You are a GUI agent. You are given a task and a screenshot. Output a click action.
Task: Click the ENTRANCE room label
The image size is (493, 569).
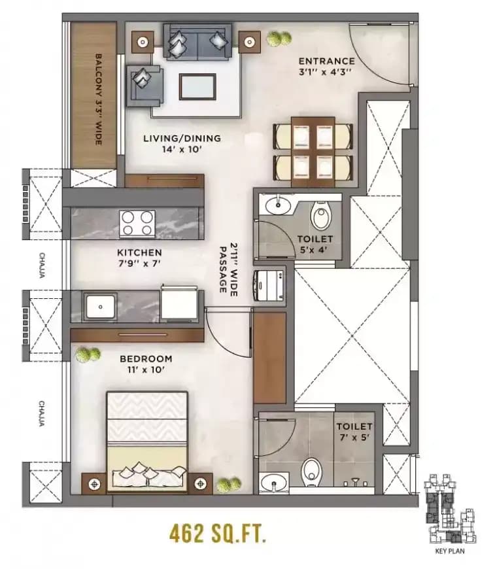[326, 61]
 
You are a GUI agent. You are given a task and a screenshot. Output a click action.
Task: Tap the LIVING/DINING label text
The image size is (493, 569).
[182, 139]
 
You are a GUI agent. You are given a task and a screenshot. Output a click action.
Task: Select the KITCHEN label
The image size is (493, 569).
[139, 252]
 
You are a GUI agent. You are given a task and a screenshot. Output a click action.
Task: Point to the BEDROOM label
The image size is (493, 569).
[146, 358]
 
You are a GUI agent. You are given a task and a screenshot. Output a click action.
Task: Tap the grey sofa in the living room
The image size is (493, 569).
[197, 43]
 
